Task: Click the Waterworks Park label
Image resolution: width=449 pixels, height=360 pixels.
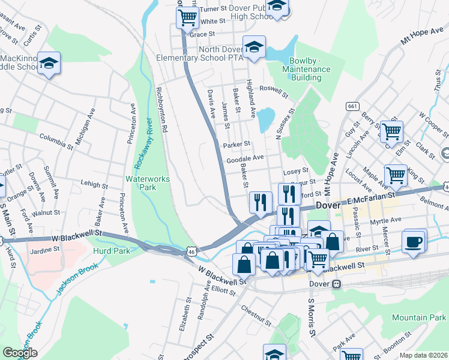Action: [148, 184]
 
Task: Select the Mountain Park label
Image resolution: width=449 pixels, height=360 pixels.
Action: [420, 317]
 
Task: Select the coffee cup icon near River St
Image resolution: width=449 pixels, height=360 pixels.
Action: [414, 241]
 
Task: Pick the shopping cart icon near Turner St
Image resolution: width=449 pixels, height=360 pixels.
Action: [188, 17]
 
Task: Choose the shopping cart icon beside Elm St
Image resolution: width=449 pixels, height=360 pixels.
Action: [392, 131]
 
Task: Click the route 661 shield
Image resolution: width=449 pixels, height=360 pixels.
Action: [352, 106]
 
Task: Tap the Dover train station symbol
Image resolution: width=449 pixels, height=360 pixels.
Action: [337, 284]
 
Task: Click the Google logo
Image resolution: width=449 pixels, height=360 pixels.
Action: [20, 353]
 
